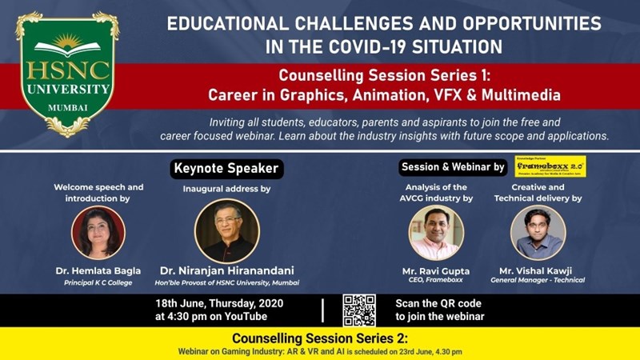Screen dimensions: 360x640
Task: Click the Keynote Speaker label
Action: [226, 169]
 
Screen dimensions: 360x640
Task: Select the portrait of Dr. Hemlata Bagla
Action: [98, 232]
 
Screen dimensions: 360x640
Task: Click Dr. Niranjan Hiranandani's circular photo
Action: [226, 231]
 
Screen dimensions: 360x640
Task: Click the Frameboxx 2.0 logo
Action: [550, 166]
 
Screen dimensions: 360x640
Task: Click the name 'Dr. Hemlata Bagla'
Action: [98, 271]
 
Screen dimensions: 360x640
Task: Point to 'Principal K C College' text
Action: [98, 282]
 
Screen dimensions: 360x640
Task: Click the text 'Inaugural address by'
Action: [226, 189]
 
